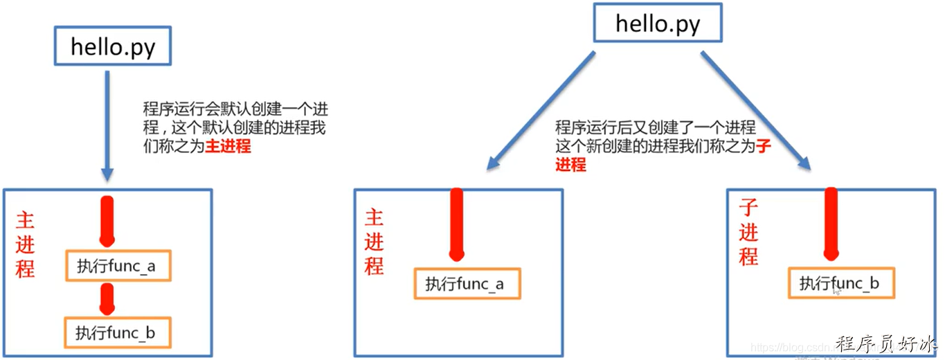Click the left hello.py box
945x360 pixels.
click(112, 48)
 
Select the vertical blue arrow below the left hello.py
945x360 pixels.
click(106, 125)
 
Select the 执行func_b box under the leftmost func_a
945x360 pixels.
click(116, 333)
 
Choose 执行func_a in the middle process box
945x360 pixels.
click(466, 284)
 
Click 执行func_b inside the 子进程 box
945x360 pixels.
click(841, 283)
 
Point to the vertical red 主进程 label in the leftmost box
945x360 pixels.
click(25, 245)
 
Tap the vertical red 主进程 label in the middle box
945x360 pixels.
click(374, 242)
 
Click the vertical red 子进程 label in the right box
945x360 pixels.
click(748, 231)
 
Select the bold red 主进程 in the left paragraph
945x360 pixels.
click(228, 147)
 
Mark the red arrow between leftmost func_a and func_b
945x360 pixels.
click(107, 298)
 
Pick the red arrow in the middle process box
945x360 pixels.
click(456, 225)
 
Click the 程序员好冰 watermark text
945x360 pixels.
click(888, 344)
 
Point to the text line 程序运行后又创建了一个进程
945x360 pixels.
click(655, 128)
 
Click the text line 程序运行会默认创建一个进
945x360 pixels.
click(235, 110)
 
